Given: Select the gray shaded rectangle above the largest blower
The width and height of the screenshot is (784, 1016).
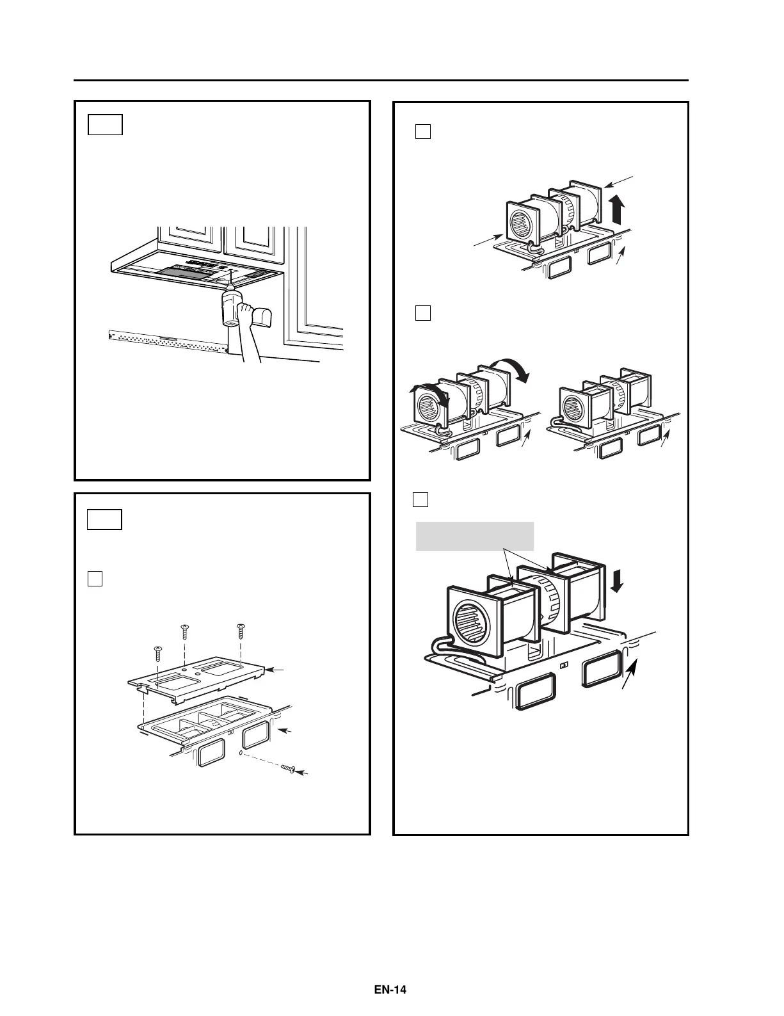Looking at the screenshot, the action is click(x=474, y=536).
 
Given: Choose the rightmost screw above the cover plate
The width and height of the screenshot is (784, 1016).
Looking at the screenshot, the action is click(x=241, y=630).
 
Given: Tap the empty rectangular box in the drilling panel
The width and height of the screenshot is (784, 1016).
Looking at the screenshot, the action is click(x=105, y=125).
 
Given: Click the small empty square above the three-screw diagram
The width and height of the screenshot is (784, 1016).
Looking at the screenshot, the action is click(x=95, y=578).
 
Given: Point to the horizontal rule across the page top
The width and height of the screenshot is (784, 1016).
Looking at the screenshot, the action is click(x=381, y=81).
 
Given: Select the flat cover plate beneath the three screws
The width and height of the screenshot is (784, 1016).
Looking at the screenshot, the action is click(x=198, y=680).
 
